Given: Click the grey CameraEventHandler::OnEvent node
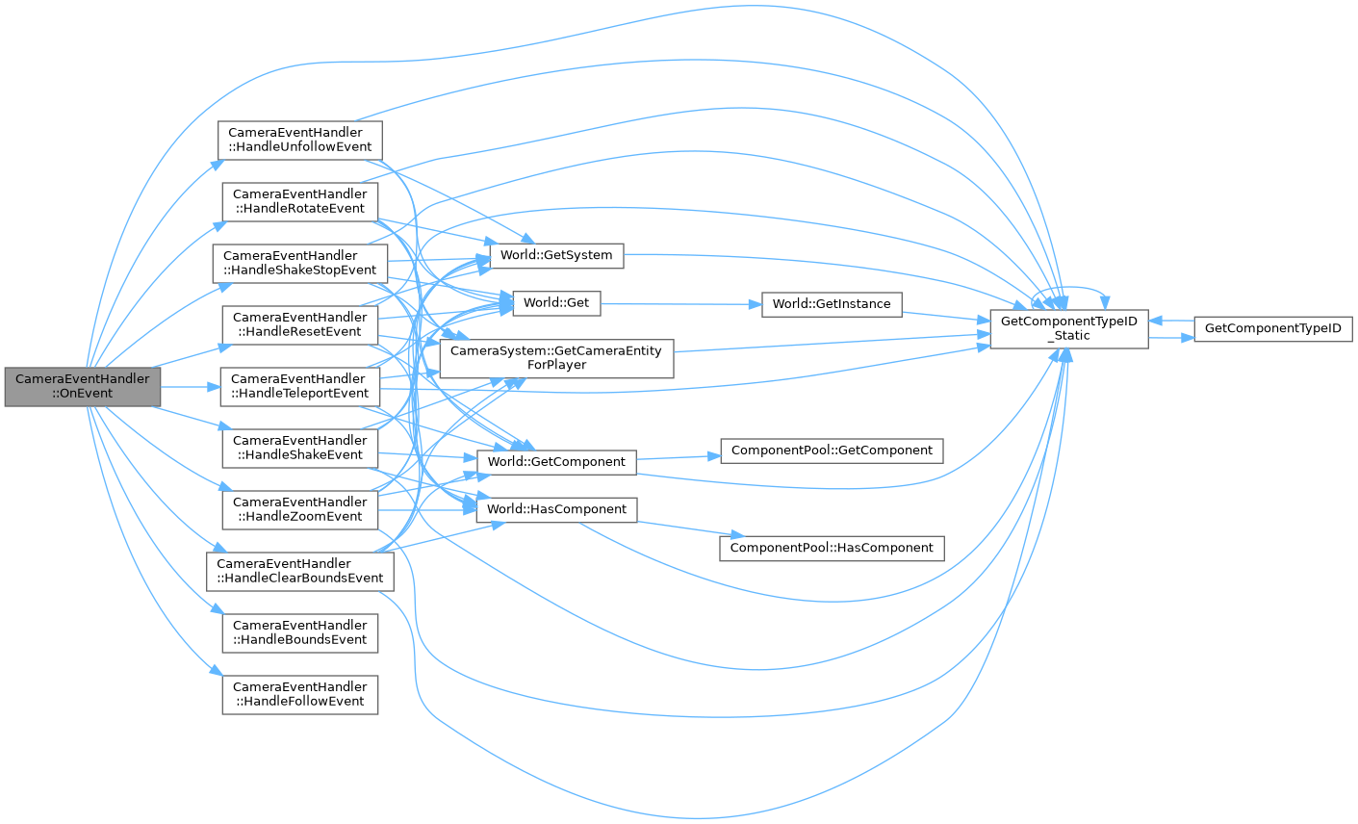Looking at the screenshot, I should coord(83,386).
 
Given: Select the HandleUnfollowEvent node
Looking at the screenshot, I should coord(300,140).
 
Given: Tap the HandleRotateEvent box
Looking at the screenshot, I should coord(300,201).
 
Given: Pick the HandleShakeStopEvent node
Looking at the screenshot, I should coord(300,263).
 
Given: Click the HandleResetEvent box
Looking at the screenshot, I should coord(300,324).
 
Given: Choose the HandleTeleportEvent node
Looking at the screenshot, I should coord(300,386).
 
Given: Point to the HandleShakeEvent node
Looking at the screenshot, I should coord(300,448).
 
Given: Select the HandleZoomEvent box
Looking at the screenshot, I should coord(300,509).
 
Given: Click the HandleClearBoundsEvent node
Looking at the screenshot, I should coord(300,571).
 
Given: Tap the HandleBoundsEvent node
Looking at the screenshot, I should coord(300,632).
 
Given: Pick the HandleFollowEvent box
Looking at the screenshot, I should coord(300,694).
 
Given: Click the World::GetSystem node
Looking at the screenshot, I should coord(556,255).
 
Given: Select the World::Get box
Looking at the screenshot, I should coord(556,303).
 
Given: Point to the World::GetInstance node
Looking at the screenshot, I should coord(832,304).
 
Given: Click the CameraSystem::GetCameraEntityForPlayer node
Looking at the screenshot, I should coord(556,358).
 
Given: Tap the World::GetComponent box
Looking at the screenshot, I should coord(556,462).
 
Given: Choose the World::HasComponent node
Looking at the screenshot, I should coord(556,509).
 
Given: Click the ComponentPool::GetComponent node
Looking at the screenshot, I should coord(832,451).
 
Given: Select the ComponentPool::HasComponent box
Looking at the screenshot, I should coord(832,548).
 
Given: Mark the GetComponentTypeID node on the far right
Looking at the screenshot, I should coord(1273,329).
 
